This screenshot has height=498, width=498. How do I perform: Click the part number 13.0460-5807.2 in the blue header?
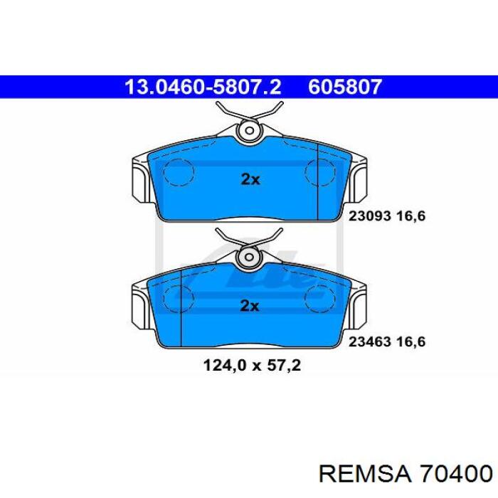coord(203,88)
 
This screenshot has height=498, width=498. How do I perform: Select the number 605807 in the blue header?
coord(346,88)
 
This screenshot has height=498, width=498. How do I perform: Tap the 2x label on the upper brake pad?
coord(250,179)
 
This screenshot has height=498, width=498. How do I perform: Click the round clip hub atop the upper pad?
coord(249,131)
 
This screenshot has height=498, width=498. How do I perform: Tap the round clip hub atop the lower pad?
coord(249,258)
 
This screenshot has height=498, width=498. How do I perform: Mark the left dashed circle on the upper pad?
coord(179,171)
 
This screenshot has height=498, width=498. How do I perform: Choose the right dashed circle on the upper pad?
coord(319,171)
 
